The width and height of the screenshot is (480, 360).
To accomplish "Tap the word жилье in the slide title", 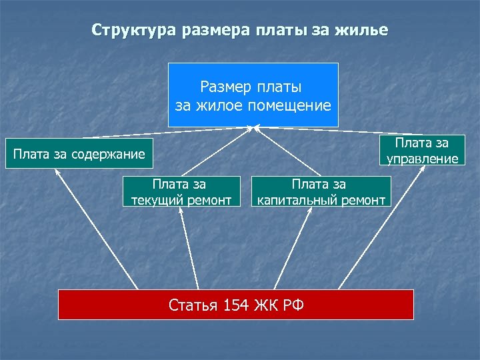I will (x=363, y=31).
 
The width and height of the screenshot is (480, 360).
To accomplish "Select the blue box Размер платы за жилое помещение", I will (x=253, y=95).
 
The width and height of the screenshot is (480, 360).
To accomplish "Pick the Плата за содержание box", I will (x=79, y=155).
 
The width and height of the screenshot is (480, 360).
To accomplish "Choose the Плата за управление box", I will (x=422, y=150).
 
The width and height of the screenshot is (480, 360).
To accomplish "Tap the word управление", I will (x=422, y=159).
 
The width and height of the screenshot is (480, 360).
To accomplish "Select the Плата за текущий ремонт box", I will (x=181, y=191).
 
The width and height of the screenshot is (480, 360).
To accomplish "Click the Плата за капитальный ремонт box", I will (x=320, y=191).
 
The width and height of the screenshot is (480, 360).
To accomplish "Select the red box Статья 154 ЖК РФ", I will (x=236, y=305).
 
